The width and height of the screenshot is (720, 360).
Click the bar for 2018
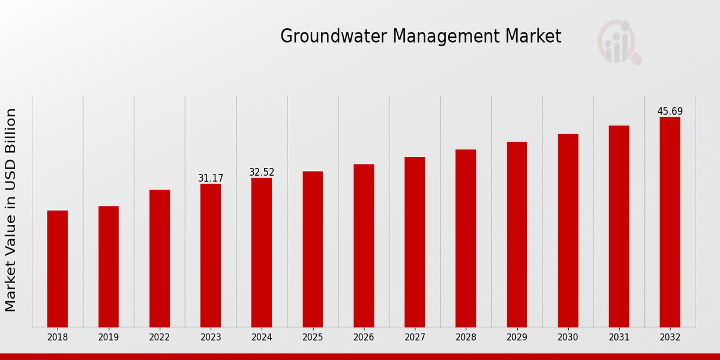click(58, 269)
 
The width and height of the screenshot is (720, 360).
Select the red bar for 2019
click(109, 266)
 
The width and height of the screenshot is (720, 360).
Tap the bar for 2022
click(160, 258)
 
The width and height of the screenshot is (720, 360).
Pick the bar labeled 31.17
click(211, 255)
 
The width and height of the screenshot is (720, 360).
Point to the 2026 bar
click(364, 245)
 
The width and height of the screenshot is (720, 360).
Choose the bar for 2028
click(466, 238)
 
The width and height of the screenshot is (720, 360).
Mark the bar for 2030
click(568, 230)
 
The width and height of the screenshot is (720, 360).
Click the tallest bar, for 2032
click(670, 222)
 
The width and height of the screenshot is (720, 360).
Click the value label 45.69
click(670, 112)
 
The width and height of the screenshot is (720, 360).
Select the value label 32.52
click(262, 172)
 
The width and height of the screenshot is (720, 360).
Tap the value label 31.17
click(211, 178)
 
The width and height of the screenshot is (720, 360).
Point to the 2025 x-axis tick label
click(313, 337)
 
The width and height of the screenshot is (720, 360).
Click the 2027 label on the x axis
click(415, 337)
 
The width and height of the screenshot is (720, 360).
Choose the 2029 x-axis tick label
click(517, 337)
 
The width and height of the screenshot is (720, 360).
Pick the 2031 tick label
click(619, 337)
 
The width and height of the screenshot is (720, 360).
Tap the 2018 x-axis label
click(58, 337)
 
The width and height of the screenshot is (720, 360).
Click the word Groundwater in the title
click(334, 37)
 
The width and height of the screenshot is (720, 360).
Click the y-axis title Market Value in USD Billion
click(11, 210)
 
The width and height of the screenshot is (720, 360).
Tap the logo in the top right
click(619, 42)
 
